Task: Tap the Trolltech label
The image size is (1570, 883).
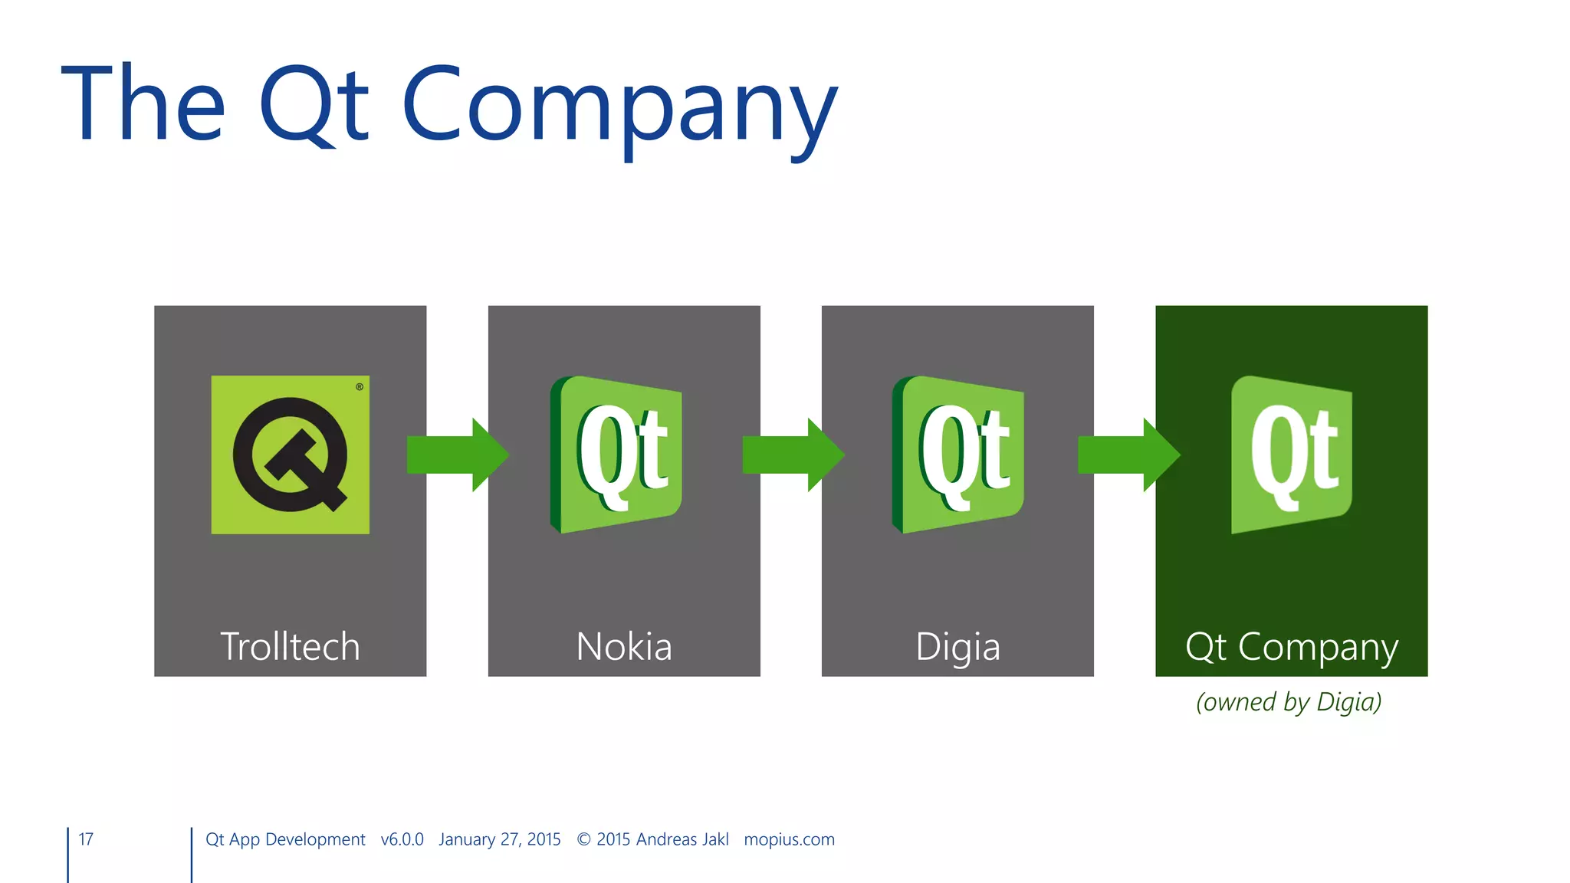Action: (x=290, y=646)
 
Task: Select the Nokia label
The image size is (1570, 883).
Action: (x=624, y=646)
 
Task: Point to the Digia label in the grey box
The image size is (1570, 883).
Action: (x=957, y=648)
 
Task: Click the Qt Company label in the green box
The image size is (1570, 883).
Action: (x=1292, y=648)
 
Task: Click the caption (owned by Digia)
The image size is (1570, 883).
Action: (x=1289, y=702)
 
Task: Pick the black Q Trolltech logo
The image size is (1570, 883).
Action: (x=291, y=455)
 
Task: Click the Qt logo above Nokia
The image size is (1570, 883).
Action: (x=616, y=455)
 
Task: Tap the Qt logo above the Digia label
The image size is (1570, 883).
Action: (x=958, y=455)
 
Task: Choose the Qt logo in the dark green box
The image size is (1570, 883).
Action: (x=1292, y=455)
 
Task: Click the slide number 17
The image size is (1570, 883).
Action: (x=86, y=839)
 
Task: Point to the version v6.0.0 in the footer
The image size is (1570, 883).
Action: (x=402, y=839)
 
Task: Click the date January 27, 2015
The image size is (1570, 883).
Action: (x=500, y=839)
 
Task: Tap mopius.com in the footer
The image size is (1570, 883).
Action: (x=789, y=839)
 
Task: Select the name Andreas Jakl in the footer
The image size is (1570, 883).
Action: (x=682, y=839)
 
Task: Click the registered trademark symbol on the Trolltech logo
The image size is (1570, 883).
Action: (x=360, y=387)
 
